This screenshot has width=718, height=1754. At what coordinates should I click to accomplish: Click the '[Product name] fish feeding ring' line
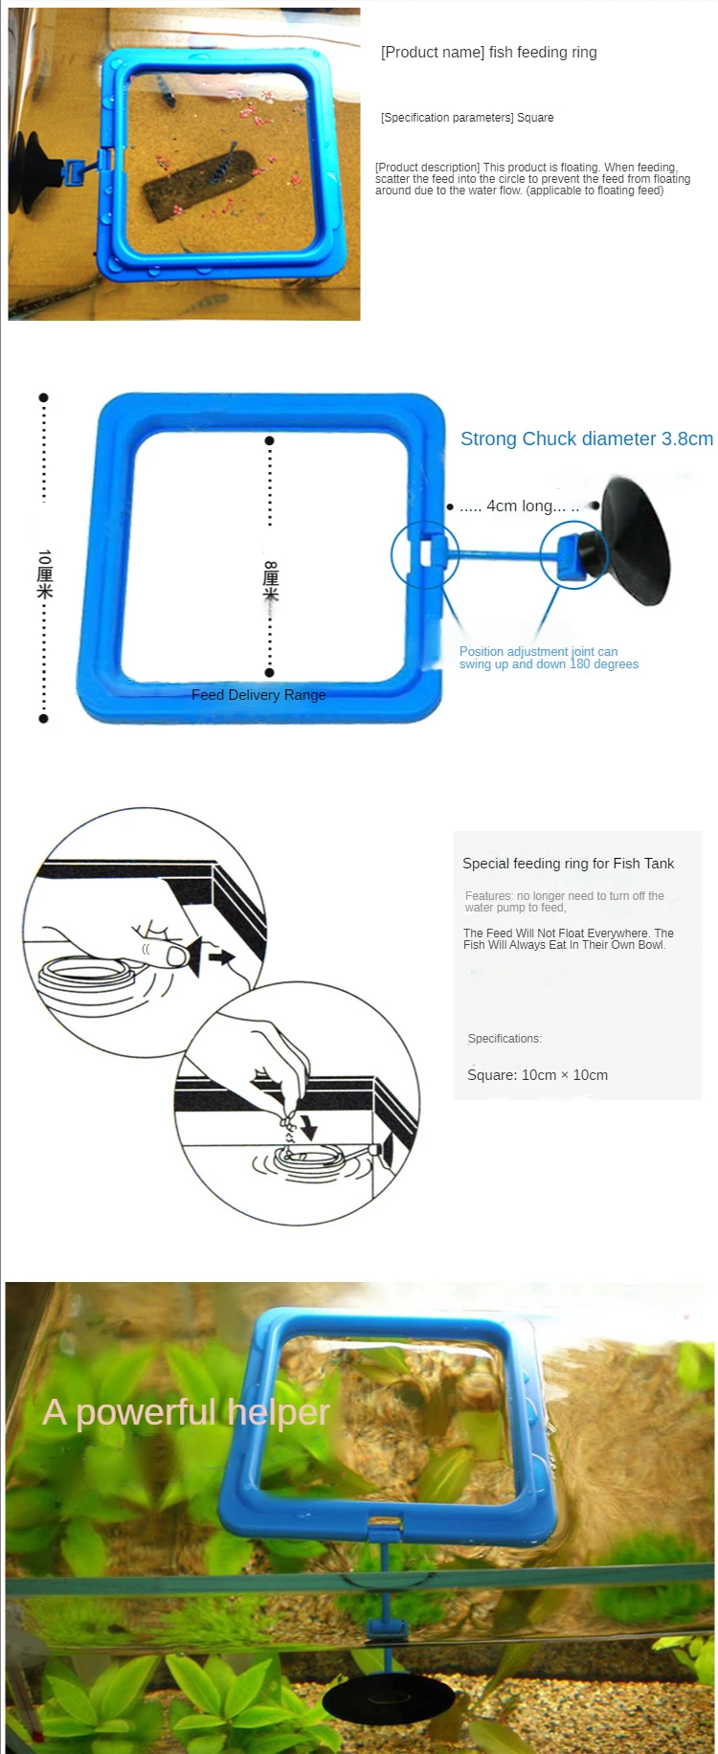tap(488, 53)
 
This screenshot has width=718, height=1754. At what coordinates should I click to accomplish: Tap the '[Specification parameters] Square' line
tap(467, 118)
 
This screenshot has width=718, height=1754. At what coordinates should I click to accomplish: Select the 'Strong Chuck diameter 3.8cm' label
tap(586, 439)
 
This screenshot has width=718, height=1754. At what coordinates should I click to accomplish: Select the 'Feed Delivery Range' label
tap(258, 695)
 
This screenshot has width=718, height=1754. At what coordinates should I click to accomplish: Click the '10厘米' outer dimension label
tap(44, 574)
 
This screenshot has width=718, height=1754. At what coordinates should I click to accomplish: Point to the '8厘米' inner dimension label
tap(271, 580)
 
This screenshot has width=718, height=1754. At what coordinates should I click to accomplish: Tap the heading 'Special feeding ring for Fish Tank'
tap(568, 864)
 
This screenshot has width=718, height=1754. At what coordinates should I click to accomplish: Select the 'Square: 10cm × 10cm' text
tap(537, 1075)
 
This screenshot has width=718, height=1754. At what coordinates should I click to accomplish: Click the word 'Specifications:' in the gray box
tap(505, 1039)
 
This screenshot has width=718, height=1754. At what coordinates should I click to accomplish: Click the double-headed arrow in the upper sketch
tap(221, 956)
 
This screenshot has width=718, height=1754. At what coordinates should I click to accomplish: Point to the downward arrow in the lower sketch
tap(308, 1127)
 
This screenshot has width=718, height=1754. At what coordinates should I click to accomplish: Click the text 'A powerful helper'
tap(186, 1412)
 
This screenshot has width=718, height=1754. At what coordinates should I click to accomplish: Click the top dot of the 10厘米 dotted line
tap(43, 397)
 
